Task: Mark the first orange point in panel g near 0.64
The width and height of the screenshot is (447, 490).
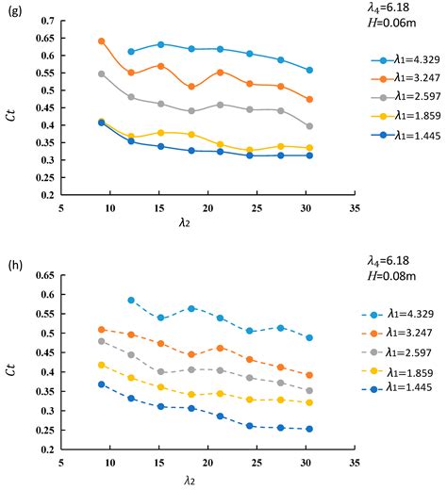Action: point(102,41)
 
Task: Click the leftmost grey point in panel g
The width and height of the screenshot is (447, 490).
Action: point(102,73)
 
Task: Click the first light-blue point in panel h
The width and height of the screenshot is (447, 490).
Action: point(131,300)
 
